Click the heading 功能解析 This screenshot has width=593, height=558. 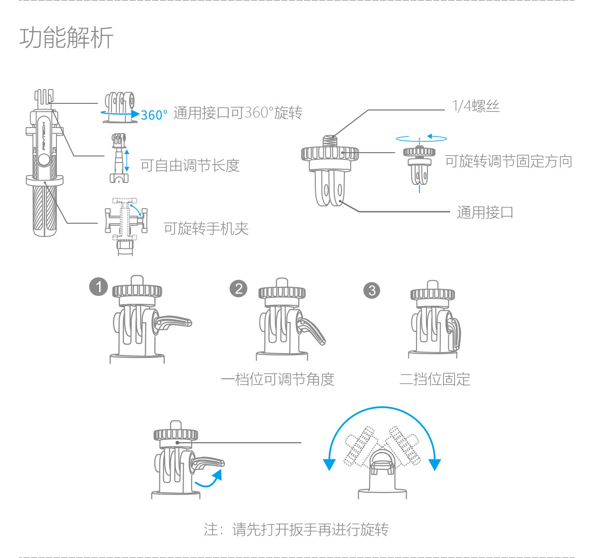point(66,38)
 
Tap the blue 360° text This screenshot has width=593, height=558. point(154,115)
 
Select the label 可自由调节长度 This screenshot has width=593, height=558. point(190,165)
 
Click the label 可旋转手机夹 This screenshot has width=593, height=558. point(206,229)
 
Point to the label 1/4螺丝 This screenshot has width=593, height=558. point(476,106)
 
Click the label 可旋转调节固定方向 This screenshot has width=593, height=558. point(509,162)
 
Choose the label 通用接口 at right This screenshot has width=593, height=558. point(485,212)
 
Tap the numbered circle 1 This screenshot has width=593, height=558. point(99,287)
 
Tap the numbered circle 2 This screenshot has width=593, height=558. point(239,288)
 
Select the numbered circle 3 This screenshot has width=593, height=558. point(372,290)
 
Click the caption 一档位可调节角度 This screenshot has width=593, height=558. point(278,379)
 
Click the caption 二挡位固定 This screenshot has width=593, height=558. point(435,379)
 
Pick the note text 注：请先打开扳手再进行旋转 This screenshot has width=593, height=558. point(296,529)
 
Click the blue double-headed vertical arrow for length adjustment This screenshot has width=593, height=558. point(127,161)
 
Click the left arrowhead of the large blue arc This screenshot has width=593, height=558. point(329,464)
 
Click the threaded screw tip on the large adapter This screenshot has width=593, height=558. point(330,141)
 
